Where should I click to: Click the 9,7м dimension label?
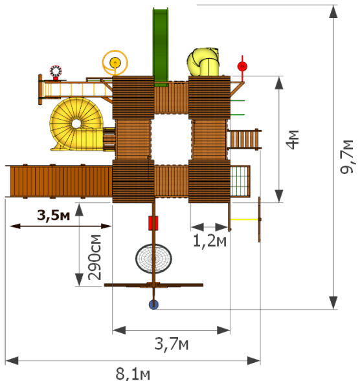[347, 157]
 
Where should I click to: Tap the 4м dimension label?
[292, 140]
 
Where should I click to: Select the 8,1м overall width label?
[133, 374]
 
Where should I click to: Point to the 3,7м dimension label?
[172, 344]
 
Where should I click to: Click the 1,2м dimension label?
[209, 241]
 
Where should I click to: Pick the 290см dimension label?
[95, 257]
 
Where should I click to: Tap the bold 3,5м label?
[54, 215]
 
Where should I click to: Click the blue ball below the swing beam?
[153, 305]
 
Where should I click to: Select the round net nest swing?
[153, 259]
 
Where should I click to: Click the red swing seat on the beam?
[153, 223]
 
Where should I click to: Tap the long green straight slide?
[161, 46]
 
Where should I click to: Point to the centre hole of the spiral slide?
[76, 124]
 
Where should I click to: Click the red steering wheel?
[242, 67]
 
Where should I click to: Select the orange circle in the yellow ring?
[115, 63]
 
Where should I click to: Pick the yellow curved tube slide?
[203, 61]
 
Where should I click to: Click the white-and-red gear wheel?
[56, 71]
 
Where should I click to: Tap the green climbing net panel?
[240, 181]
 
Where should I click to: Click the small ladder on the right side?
[244, 139]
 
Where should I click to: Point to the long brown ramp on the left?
[59, 181]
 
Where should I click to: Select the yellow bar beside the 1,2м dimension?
[245, 219]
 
